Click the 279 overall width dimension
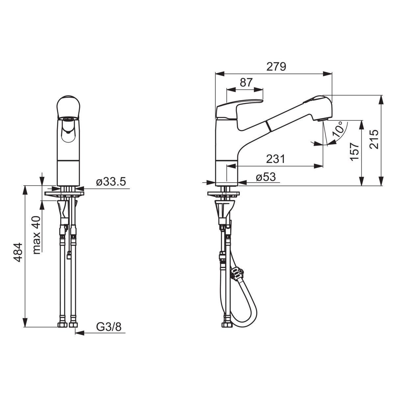point(276,66)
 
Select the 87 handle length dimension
point(246,83)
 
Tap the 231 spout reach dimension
point(276,159)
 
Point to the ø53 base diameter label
point(266,177)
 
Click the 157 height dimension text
point(355,151)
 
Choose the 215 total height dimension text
point(374,139)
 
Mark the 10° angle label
point(338,129)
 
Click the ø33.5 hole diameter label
point(111,182)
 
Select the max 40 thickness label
point(37,235)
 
